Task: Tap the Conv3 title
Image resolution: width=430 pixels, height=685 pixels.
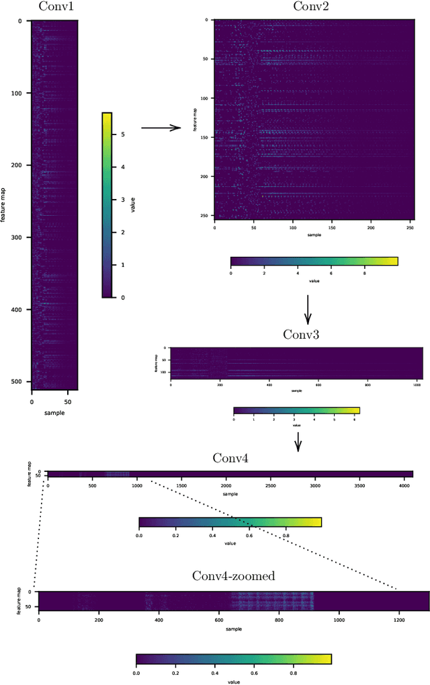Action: (x=297, y=334)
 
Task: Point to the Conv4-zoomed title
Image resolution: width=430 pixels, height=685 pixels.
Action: (x=233, y=576)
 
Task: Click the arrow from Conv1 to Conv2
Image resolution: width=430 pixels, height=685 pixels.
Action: (x=161, y=127)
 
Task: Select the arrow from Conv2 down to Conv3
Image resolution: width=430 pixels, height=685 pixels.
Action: (x=307, y=309)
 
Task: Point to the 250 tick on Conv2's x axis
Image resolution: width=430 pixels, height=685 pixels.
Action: (x=409, y=229)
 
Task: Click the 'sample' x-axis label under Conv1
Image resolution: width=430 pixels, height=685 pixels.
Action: (x=54, y=412)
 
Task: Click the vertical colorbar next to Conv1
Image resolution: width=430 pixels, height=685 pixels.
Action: (x=107, y=204)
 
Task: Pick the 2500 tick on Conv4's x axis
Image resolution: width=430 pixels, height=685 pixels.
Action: (x=269, y=485)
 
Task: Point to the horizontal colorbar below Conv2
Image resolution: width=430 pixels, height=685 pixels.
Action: (x=314, y=261)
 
